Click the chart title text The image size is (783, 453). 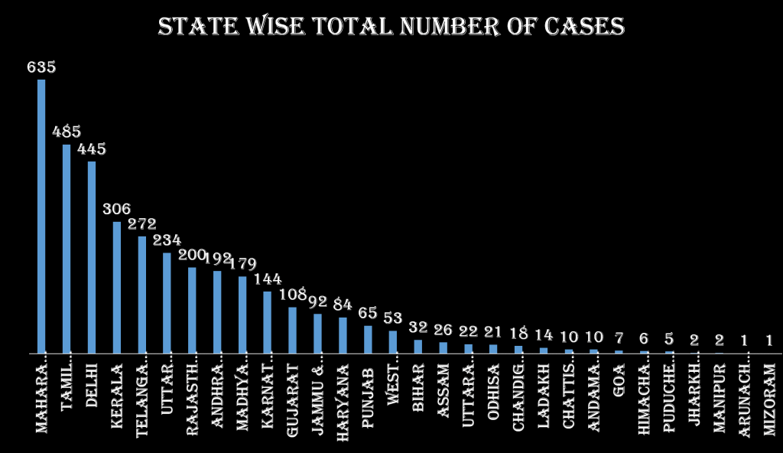click(x=391, y=28)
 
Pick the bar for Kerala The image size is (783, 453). click(x=117, y=288)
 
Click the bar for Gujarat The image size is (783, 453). click(x=292, y=330)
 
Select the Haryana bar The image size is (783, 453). click(x=343, y=335)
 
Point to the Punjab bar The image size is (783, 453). click(x=368, y=340)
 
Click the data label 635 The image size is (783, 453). click(x=41, y=67)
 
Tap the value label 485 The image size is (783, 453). click(x=67, y=132)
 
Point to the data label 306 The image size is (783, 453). click(x=117, y=209)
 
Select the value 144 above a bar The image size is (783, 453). click(x=268, y=279)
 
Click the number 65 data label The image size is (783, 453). click(x=368, y=313)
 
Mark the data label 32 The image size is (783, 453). click(x=418, y=328)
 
